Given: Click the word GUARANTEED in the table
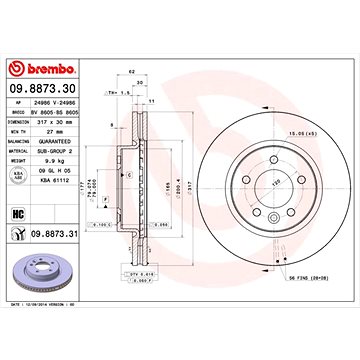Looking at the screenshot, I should tap(57, 140).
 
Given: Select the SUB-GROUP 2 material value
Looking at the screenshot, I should tap(58, 148).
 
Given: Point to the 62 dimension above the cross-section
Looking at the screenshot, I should tap(131, 74).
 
